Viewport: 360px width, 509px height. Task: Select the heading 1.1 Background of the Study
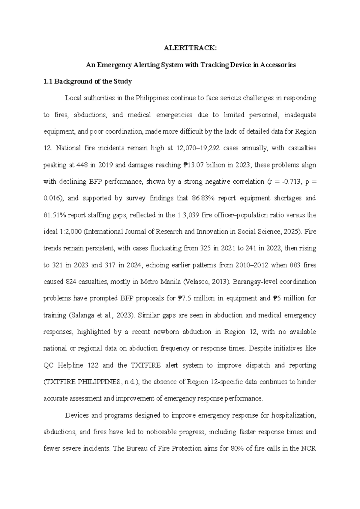point(88,81)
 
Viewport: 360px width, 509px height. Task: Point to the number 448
point(82,165)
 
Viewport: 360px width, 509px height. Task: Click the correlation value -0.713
point(289,181)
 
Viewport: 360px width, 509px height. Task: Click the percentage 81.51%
point(55,215)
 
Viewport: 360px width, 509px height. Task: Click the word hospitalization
point(293,415)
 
